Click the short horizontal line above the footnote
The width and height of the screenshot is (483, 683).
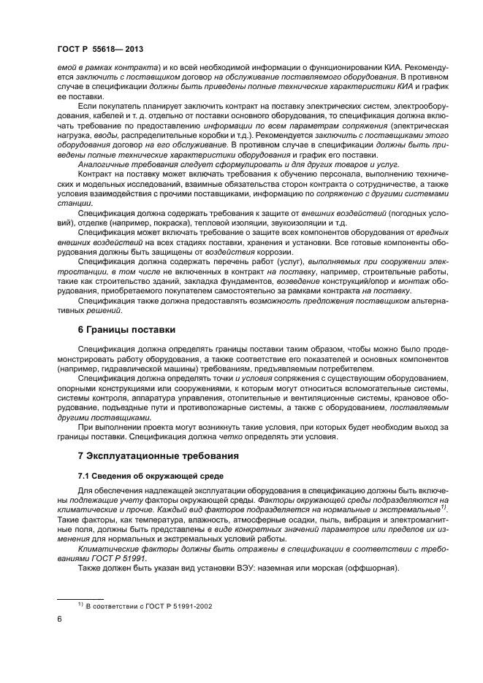[81, 598]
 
